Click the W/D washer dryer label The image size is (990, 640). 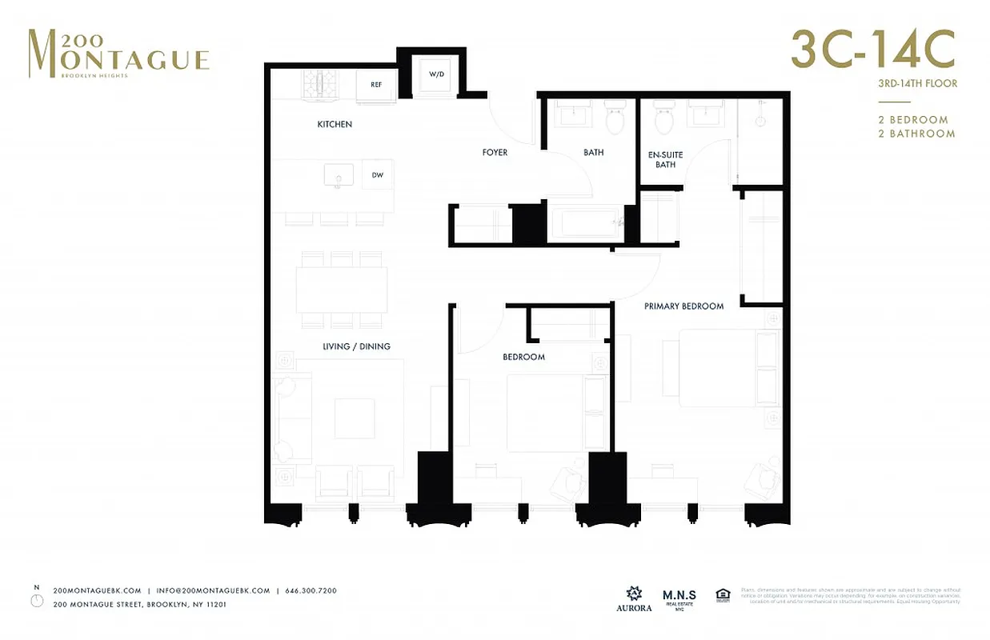(x=436, y=74)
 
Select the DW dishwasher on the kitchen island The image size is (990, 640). (x=377, y=174)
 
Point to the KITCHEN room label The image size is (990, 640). (x=335, y=124)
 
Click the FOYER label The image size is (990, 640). (x=495, y=152)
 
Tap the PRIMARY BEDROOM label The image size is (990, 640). (x=684, y=306)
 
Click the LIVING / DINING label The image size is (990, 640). (x=357, y=346)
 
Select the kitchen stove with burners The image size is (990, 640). (x=321, y=84)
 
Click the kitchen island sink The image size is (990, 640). (x=339, y=175)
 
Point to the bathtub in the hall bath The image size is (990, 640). (x=588, y=223)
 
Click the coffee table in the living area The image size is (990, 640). (x=355, y=418)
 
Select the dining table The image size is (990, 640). (x=342, y=290)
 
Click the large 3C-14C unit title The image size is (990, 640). (x=872, y=50)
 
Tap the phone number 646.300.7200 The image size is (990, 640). (x=311, y=590)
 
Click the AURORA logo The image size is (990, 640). (x=634, y=598)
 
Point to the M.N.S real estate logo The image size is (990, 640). (x=679, y=598)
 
